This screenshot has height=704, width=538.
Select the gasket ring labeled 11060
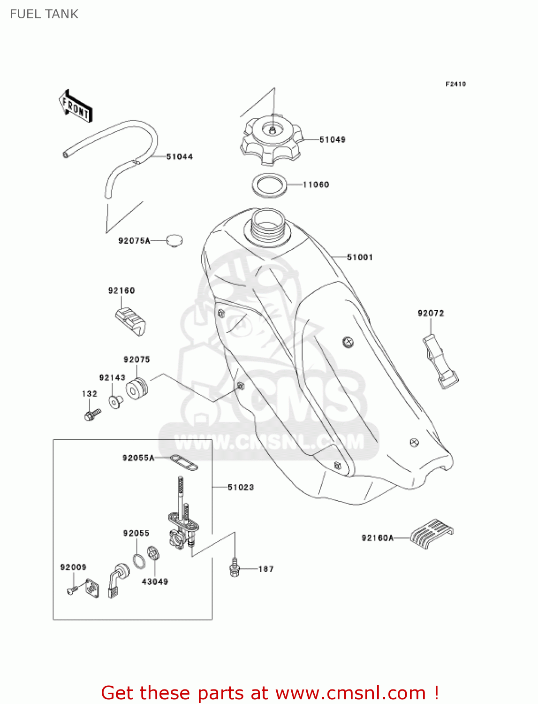pos(270,185)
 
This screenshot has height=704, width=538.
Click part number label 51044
pos(179,157)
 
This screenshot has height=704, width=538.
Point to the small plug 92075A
pos(174,241)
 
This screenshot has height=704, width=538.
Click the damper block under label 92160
pos(130,321)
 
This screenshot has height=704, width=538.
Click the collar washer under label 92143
pos(115,402)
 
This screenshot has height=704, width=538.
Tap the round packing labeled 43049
pos(153,553)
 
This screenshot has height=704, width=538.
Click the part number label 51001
pos(360,257)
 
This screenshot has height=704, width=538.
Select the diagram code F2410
pos(455,84)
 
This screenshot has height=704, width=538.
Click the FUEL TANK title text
pos(44,14)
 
